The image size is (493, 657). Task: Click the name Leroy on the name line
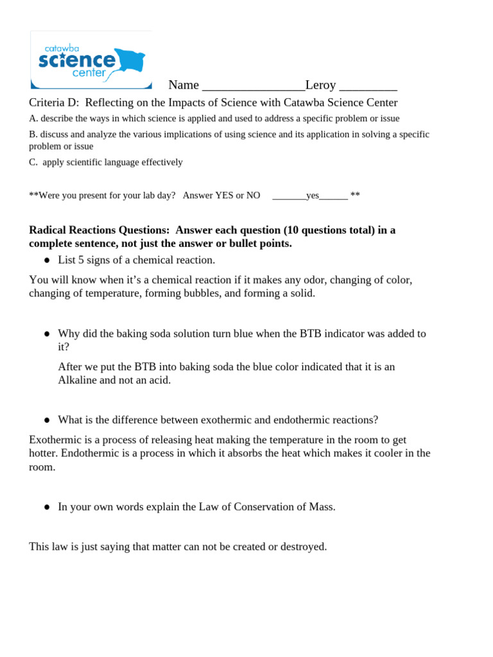320,85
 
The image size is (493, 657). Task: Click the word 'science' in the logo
77,61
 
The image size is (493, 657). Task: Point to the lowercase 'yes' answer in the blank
313,196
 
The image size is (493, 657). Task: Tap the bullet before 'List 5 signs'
47,260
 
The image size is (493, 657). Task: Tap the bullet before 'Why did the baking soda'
47,334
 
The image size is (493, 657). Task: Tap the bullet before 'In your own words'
47,508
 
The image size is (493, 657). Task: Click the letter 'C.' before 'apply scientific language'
33,162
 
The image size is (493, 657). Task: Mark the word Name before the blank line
183,85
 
